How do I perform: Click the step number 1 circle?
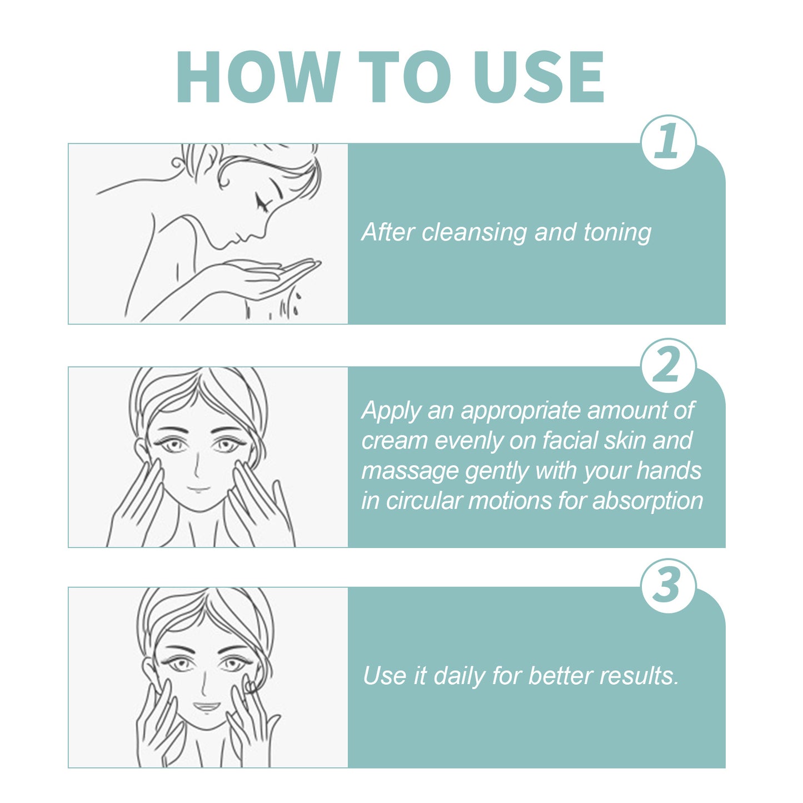coord(668,142)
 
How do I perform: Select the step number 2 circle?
coord(668,366)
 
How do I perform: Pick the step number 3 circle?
coord(668,586)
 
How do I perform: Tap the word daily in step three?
coord(459,676)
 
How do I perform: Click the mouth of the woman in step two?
coord(198,490)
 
